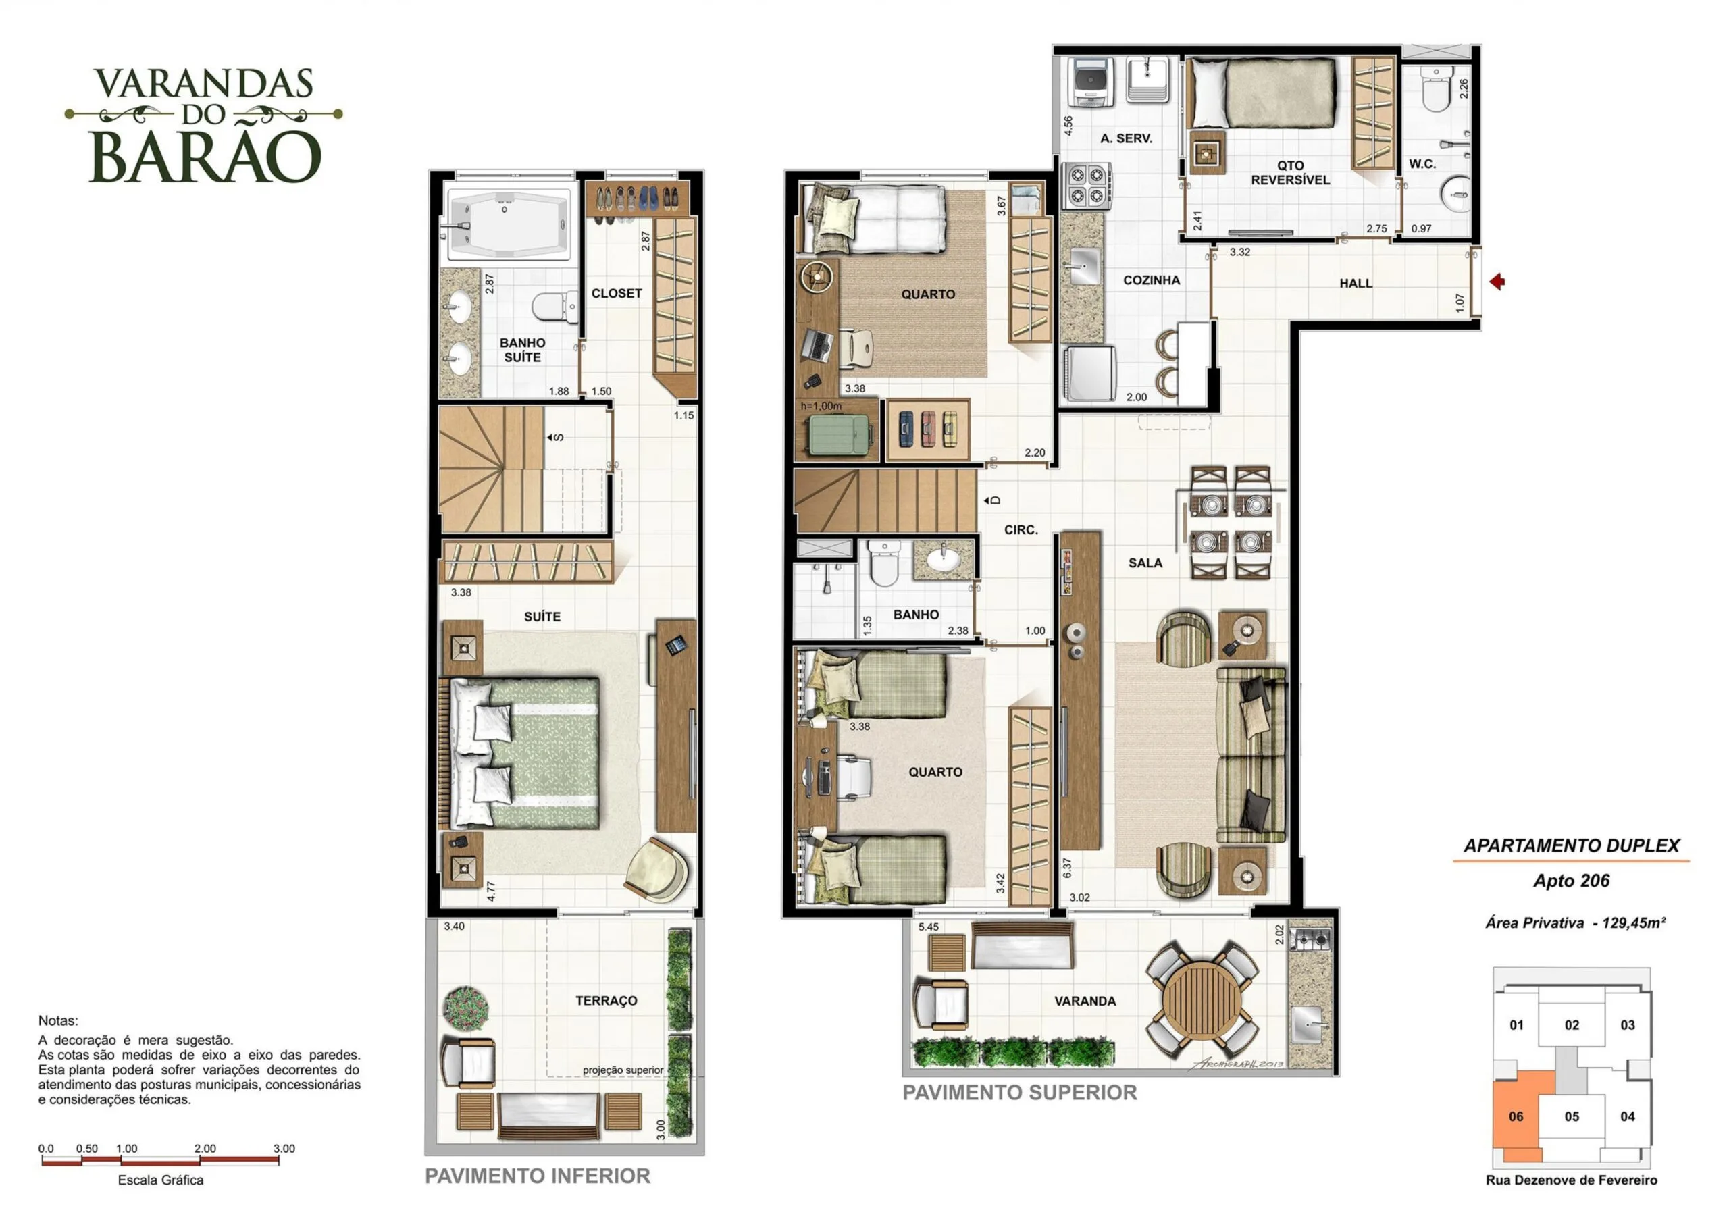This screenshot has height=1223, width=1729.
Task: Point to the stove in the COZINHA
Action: tap(1085, 186)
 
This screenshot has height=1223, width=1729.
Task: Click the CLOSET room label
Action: tap(616, 294)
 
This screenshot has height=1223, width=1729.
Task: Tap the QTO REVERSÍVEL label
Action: tap(1290, 172)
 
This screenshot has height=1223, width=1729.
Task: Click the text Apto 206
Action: tap(1571, 881)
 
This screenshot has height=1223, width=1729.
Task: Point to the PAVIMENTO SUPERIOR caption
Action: tap(1020, 1093)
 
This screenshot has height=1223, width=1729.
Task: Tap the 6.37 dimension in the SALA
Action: tap(1067, 868)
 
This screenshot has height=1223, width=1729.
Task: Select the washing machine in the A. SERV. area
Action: tap(1089, 81)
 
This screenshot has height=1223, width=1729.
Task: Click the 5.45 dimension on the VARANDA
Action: tap(929, 927)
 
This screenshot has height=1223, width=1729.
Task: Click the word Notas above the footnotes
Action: tap(58, 1021)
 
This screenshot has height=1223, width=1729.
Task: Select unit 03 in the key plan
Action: tap(1628, 1025)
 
